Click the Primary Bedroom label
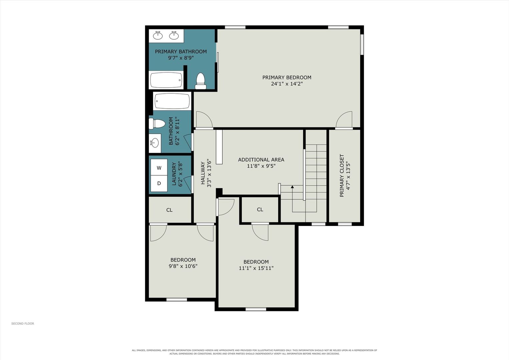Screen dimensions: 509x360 click(287, 77)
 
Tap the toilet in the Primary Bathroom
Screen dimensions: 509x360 click(200, 81)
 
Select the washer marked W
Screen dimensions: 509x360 click(159, 168)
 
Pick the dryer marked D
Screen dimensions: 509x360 click(159, 183)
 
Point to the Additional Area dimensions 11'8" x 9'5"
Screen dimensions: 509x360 click(261, 166)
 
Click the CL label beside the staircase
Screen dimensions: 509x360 click(260, 209)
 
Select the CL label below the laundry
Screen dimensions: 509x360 click(169, 210)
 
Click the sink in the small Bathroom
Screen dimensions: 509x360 click(155, 143)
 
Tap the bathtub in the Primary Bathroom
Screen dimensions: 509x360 click(166, 80)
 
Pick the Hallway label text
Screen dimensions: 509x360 click(203, 173)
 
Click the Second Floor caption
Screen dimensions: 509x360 click(23, 323)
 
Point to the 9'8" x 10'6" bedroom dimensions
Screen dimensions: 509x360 click(183, 266)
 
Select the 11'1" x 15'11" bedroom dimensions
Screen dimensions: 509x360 click(256, 268)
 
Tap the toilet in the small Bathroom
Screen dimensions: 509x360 click(157, 124)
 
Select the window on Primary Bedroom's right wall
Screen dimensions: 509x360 click(362, 44)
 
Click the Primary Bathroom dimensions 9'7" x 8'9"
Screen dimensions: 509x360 click(181, 58)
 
